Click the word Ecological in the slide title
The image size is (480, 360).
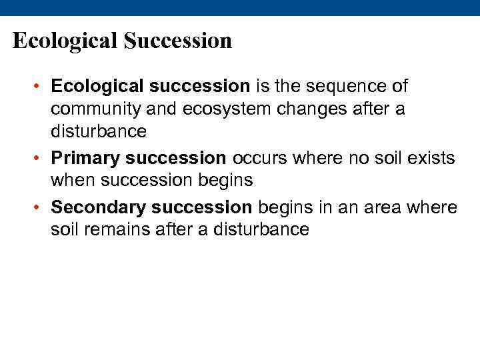coord(64,41)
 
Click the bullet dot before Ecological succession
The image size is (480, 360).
coord(40,87)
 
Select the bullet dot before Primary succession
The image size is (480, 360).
coord(40,159)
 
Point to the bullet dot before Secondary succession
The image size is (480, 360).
coord(40,208)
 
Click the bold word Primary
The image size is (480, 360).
coord(85,159)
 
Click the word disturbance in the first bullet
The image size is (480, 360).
coord(98,132)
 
